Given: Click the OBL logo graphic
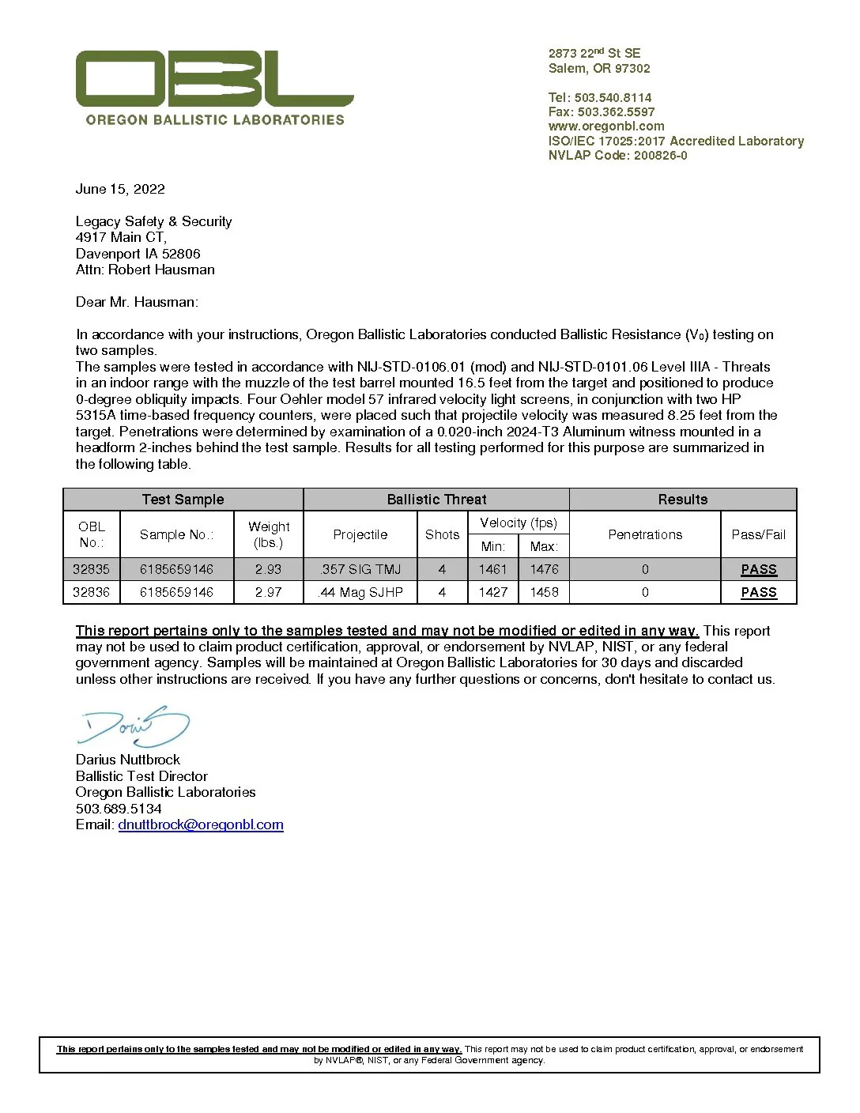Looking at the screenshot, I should (x=214, y=78).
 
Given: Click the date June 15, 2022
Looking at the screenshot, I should (x=120, y=189).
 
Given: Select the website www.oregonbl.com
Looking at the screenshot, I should (x=606, y=126).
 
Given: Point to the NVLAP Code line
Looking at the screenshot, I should (x=617, y=156).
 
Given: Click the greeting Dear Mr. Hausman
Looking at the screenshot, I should (x=137, y=302).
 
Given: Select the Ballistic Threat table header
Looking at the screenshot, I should (x=436, y=500).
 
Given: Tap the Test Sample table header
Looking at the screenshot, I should (x=183, y=500).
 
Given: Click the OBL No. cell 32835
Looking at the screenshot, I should (x=92, y=569).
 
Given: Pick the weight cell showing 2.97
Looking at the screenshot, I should (x=268, y=592).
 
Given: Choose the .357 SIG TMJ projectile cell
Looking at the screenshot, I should (x=360, y=569).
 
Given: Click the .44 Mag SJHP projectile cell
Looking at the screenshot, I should (x=360, y=592).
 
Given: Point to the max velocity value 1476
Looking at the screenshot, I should (x=544, y=569).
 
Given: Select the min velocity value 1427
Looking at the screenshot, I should (x=493, y=592).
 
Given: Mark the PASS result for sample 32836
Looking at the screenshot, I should (x=759, y=592).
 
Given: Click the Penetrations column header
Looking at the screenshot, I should (x=645, y=534).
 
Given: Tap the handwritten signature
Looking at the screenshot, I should (x=134, y=726).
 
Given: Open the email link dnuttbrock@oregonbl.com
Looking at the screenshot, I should (x=201, y=824).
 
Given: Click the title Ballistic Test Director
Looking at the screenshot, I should (x=141, y=776).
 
